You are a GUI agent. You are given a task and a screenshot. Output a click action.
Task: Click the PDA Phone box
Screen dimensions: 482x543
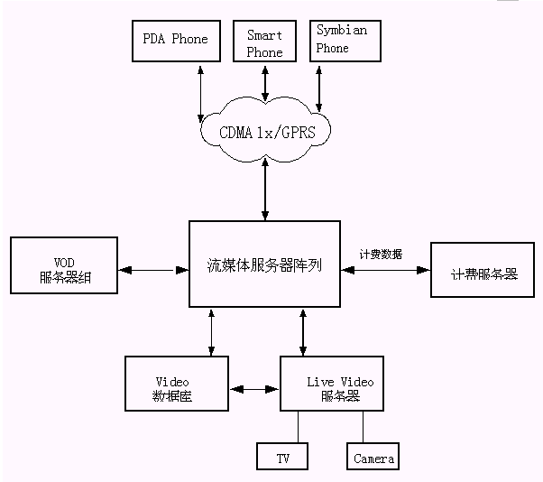176,39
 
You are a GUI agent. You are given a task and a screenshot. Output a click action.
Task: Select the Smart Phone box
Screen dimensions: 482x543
264,42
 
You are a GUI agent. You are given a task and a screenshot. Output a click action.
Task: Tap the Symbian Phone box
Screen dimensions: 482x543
342,40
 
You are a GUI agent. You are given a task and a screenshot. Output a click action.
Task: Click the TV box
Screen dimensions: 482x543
282,457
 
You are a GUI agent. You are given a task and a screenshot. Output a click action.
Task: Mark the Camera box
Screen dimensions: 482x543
373,457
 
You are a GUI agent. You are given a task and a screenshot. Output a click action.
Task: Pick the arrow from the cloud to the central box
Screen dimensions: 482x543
264,191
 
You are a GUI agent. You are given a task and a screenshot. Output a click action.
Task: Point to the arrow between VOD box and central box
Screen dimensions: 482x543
153,269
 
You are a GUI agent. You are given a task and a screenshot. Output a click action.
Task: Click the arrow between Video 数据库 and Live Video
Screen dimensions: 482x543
254,389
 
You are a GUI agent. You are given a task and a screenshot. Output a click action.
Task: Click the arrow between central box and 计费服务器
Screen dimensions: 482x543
386,268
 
